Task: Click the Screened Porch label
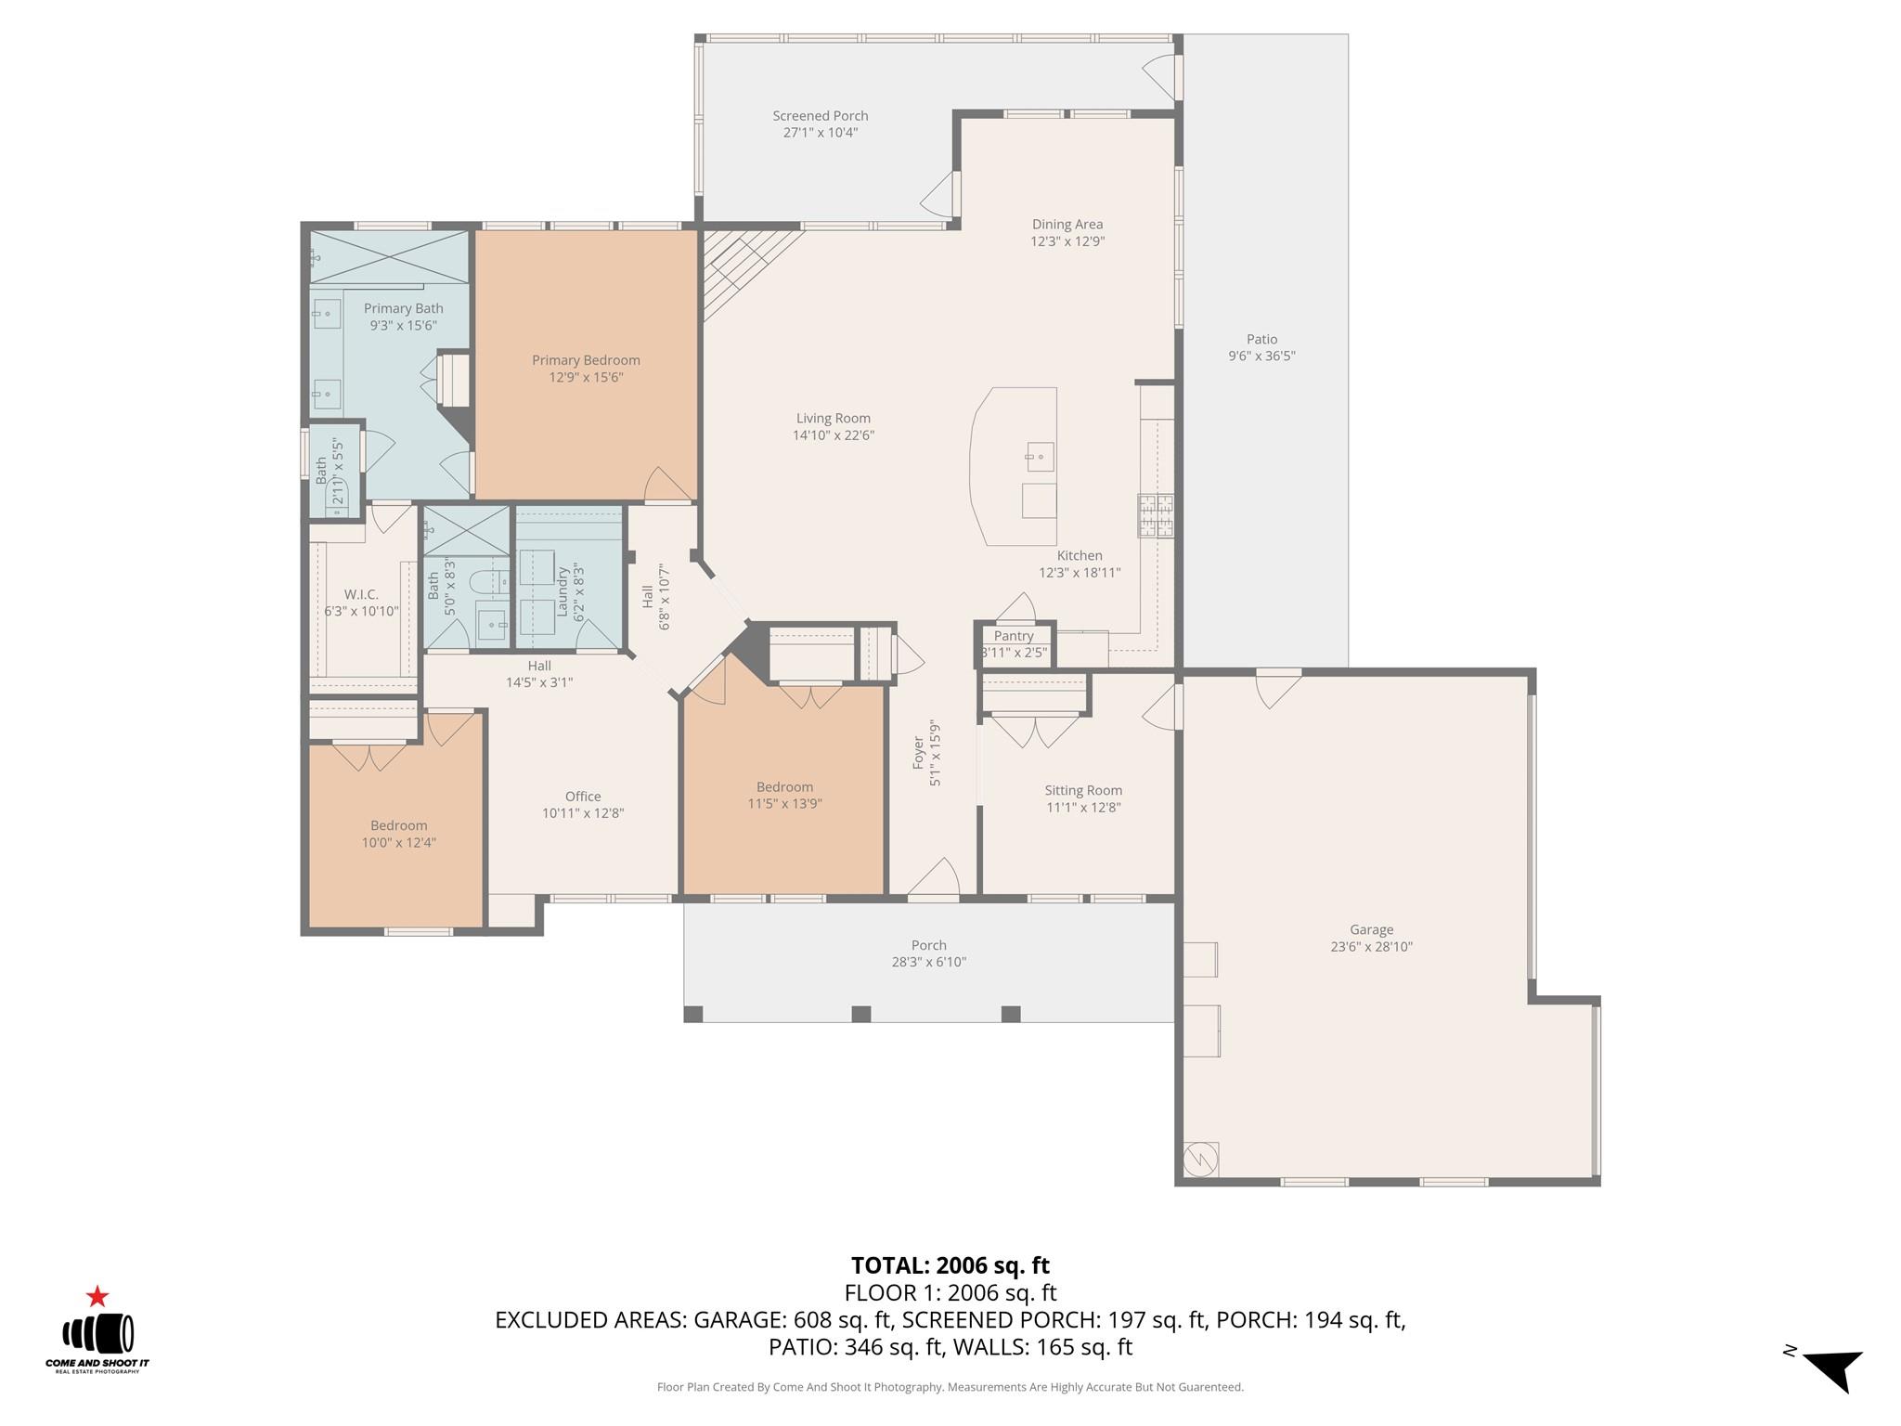point(820,116)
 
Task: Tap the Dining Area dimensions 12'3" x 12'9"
point(1067,241)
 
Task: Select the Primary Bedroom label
point(585,360)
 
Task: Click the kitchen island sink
point(1040,456)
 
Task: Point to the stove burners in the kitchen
point(1156,516)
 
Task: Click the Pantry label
point(1013,636)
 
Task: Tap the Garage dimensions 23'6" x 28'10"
point(1371,947)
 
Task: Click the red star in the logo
point(97,1296)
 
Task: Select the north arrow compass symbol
point(1833,1369)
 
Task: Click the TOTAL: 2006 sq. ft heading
point(950,1265)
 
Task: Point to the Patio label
point(1261,339)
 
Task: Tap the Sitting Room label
point(1083,790)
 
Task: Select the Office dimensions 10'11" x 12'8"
point(583,813)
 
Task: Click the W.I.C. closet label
point(360,594)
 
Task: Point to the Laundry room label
point(562,591)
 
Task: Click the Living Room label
point(833,418)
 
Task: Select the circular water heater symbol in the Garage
point(1199,1158)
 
